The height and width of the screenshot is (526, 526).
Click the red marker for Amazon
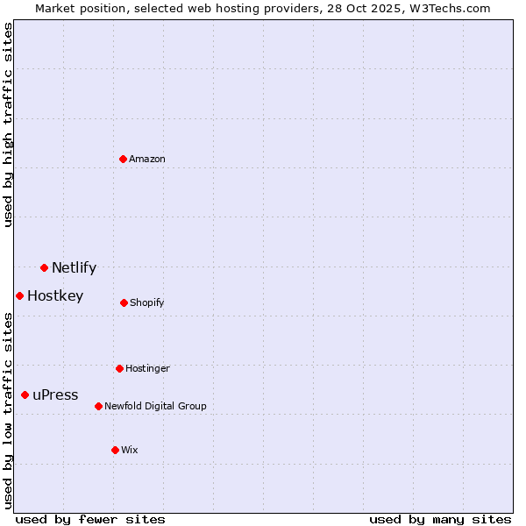click(123, 159)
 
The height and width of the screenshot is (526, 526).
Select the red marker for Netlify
click(44, 267)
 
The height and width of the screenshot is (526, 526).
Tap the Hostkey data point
click(19, 295)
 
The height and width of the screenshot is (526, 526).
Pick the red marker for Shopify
click(124, 302)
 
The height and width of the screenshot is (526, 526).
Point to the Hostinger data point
click(119, 368)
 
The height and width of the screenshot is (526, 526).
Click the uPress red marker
click(25, 394)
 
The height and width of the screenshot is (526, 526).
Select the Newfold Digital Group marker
click(98, 406)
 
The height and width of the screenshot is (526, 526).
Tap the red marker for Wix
click(115, 450)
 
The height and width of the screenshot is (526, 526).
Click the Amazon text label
click(147, 160)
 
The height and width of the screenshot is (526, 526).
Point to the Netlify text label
click(74, 268)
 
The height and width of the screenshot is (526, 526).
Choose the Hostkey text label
click(55, 296)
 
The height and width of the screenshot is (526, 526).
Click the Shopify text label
click(147, 303)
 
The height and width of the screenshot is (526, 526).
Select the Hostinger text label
click(147, 369)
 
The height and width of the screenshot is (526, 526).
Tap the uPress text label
click(55, 395)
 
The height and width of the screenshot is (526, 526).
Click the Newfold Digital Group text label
click(155, 407)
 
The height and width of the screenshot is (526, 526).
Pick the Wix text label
click(130, 451)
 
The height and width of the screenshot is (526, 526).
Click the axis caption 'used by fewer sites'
click(90, 519)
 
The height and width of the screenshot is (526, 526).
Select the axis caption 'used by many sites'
click(440, 519)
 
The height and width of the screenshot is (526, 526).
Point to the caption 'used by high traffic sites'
click(8, 124)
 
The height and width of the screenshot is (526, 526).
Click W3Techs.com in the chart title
click(448, 8)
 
